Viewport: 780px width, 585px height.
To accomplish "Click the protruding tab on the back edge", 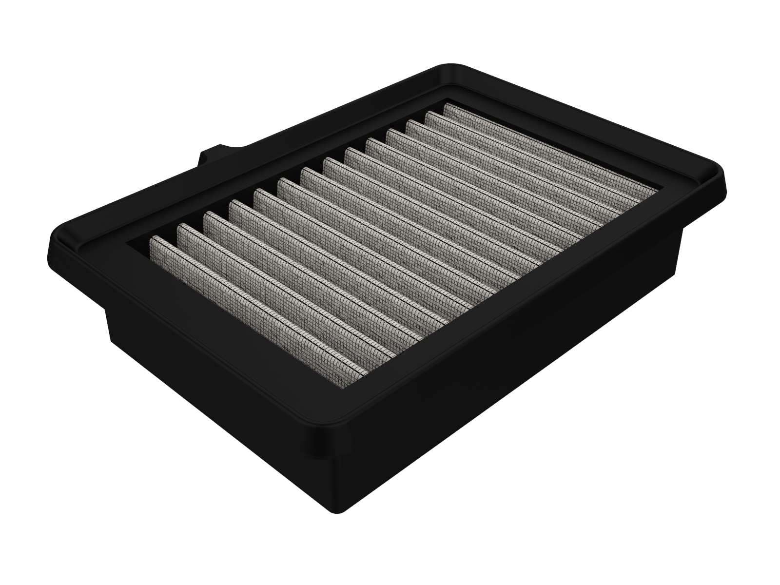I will point(214,155).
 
